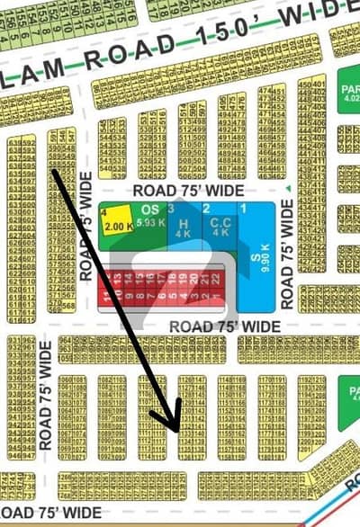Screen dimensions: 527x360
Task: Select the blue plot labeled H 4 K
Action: tap(183, 227)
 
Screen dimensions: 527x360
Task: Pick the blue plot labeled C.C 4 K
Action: tap(220, 227)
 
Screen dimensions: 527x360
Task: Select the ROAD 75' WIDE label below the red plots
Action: tap(224, 326)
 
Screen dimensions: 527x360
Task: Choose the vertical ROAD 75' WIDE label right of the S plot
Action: tap(287, 254)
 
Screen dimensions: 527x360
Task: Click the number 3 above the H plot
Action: tap(170, 208)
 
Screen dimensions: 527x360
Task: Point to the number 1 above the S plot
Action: tap(241, 208)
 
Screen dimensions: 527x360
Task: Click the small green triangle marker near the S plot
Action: tap(287, 189)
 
